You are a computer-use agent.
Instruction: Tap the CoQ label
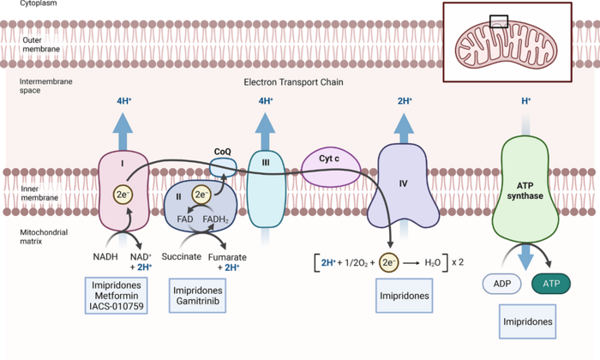(x=224, y=152)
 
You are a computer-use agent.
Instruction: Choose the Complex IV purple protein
(x=404, y=184)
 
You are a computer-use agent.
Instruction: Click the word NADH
(x=106, y=256)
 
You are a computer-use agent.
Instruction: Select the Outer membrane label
(x=41, y=43)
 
